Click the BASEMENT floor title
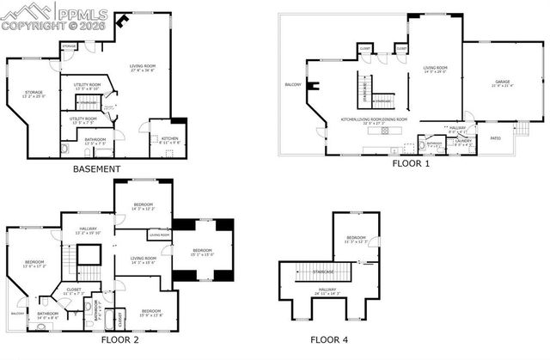click(x=96, y=169)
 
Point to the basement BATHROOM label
click(x=95, y=139)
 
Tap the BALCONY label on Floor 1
click(x=293, y=84)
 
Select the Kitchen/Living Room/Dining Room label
click(x=375, y=119)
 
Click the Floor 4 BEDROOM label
click(x=356, y=238)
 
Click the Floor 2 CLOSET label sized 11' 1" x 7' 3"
click(x=75, y=291)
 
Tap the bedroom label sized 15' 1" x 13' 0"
click(x=202, y=251)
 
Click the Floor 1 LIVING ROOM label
click(x=437, y=68)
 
